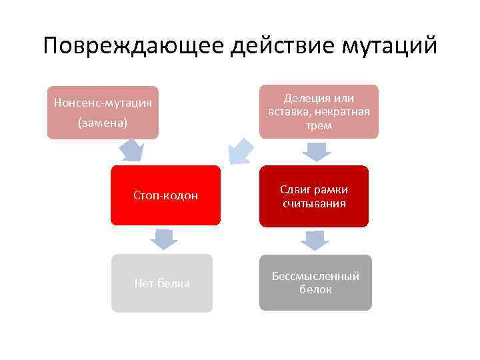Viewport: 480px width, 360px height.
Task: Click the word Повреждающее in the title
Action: (133, 47)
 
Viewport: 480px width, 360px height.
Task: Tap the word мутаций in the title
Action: (389, 47)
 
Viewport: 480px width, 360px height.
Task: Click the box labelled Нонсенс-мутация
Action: (103, 112)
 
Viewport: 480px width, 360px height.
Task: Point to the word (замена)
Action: (103, 123)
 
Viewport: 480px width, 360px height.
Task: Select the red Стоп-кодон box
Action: (165, 195)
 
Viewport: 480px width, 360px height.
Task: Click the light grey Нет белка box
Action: (161, 283)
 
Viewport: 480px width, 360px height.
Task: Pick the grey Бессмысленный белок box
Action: (315, 283)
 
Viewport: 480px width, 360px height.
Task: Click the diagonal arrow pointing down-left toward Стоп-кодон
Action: (239, 151)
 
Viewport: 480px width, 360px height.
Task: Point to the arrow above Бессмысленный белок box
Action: (315, 240)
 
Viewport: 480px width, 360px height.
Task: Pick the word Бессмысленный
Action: (315, 276)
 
